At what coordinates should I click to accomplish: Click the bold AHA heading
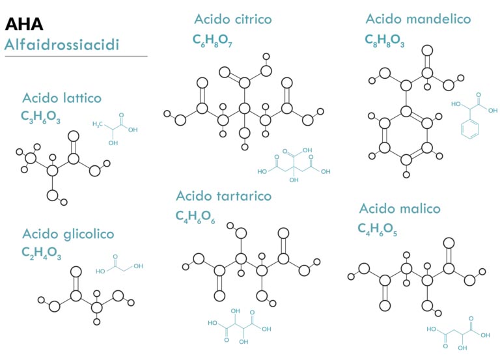[x=24, y=24]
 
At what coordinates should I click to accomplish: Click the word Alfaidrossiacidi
[x=62, y=45]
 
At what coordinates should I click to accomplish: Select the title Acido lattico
[x=62, y=98]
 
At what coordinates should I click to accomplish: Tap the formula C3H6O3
[x=40, y=117]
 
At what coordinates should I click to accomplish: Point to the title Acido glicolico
[x=68, y=234]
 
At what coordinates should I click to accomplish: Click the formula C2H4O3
[x=42, y=253]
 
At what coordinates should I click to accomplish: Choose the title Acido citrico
[x=233, y=19]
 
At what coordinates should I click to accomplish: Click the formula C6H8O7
[x=212, y=40]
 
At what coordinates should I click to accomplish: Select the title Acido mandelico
[x=418, y=19]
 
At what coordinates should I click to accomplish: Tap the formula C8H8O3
[x=385, y=40]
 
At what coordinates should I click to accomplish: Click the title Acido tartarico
[x=223, y=196]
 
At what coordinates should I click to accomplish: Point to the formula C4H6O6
[x=195, y=217]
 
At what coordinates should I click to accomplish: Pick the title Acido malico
[x=400, y=208]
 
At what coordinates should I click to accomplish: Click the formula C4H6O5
[x=377, y=229]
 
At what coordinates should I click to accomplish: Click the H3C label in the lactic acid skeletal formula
[x=98, y=124]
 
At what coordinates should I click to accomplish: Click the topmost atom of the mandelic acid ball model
[x=427, y=50]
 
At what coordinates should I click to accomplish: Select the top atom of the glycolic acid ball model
[x=76, y=272]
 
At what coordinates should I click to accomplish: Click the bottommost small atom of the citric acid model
[x=245, y=147]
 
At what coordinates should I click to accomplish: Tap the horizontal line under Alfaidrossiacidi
[x=76, y=57]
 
